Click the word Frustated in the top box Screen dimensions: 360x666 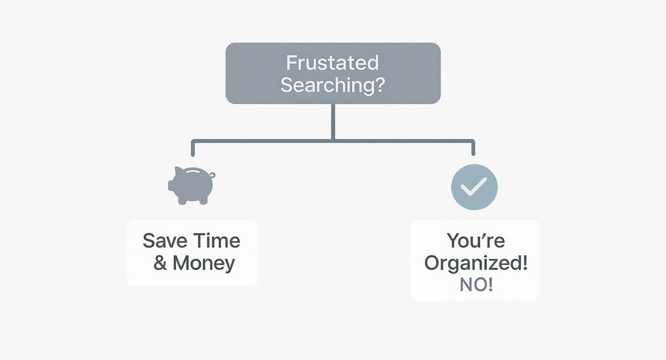pyautogui.click(x=332, y=63)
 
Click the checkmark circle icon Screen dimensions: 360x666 pyautogui.click(x=474, y=187)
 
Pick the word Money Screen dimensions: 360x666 pyautogui.click(x=204, y=263)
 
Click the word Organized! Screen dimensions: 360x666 pyautogui.click(x=476, y=263)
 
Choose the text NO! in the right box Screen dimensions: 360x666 pyautogui.click(x=476, y=285)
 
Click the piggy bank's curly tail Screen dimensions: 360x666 pyautogui.click(x=212, y=175)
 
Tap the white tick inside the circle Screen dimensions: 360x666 pyautogui.click(x=474, y=186)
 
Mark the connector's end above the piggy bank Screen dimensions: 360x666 pyautogui.click(x=193, y=154)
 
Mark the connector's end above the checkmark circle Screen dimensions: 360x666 pyautogui.click(x=473, y=154)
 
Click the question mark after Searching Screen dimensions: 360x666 pyautogui.click(x=380, y=85)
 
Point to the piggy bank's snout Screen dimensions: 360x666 pyautogui.click(x=171, y=185)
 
